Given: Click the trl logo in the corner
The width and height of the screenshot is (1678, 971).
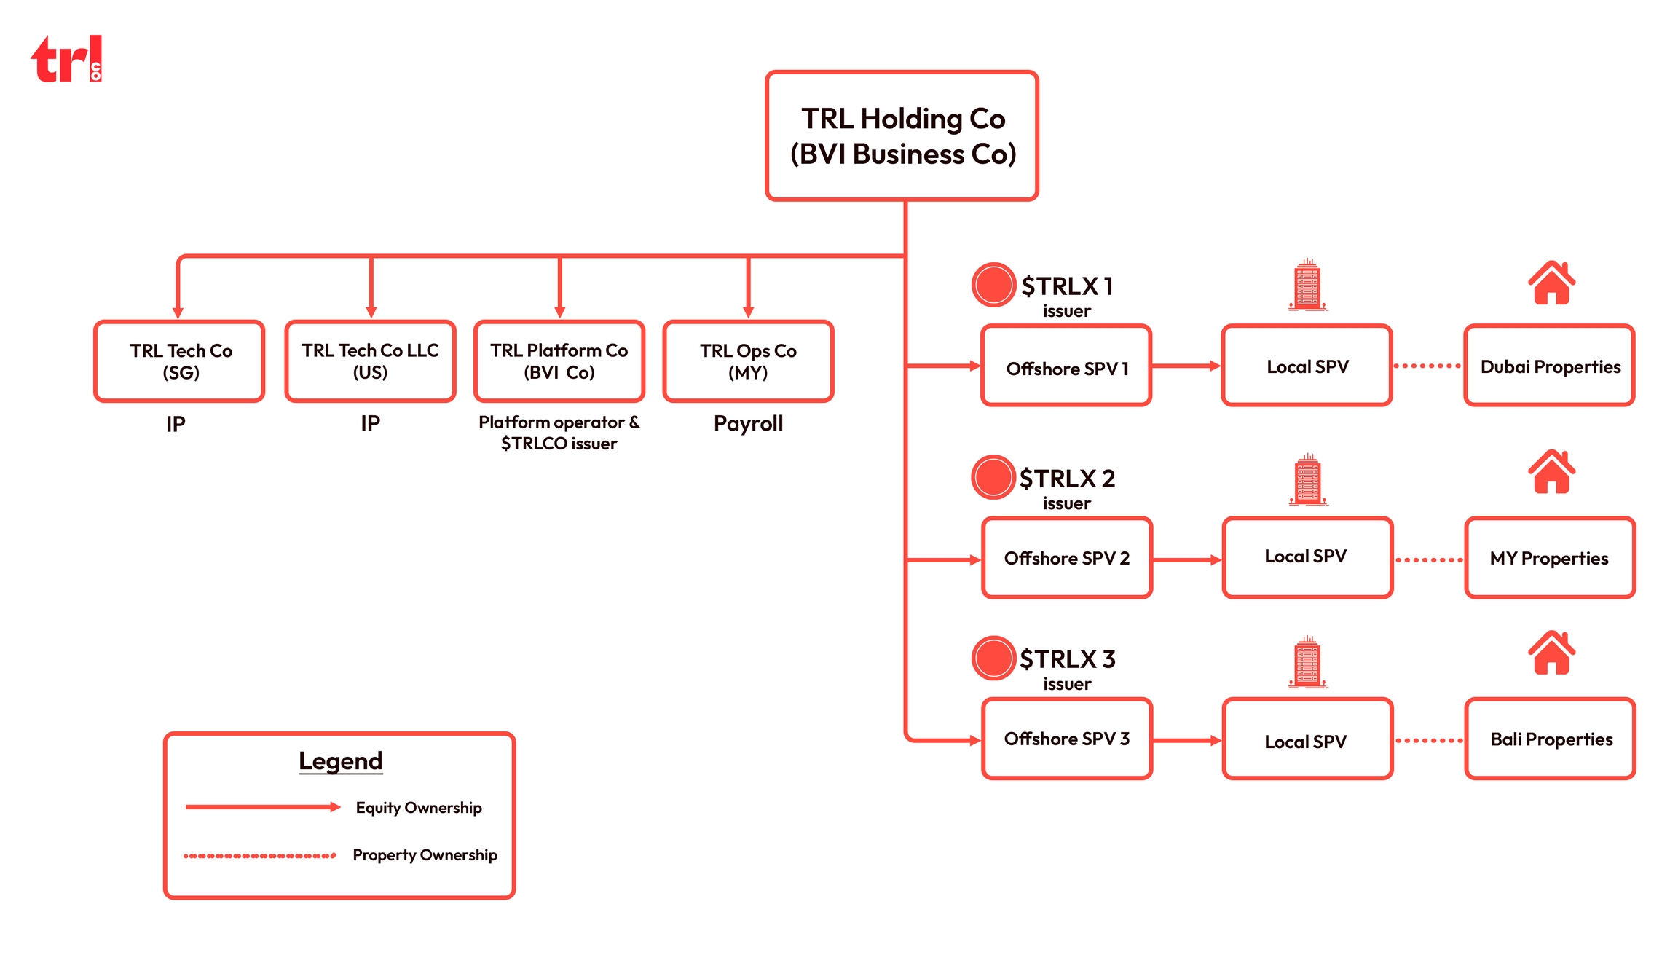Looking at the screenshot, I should click(x=66, y=59).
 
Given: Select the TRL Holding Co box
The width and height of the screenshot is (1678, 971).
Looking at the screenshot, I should click(x=902, y=135).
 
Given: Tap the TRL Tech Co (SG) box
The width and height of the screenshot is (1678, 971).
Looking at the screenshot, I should click(x=179, y=361).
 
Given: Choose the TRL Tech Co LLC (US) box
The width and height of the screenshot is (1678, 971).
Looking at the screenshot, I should click(x=370, y=361).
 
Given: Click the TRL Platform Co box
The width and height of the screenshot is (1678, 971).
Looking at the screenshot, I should click(x=559, y=361).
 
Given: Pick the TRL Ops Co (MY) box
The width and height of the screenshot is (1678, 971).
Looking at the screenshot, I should click(x=748, y=361).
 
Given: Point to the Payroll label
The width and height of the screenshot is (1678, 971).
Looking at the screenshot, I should click(x=748, y=423).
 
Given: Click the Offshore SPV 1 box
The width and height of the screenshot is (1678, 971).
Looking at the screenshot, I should click(x=1066, y=366).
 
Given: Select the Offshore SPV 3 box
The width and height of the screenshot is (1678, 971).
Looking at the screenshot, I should click(x=1067, y=739).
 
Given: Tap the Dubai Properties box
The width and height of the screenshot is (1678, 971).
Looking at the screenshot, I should click(x=1550, y=366).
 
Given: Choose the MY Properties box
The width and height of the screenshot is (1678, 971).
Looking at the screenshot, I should click(x=1550, y=558).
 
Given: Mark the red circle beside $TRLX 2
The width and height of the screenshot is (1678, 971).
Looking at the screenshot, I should click(x=993, y=477).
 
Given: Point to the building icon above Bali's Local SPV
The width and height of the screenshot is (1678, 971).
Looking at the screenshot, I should click(x=1308, y=662).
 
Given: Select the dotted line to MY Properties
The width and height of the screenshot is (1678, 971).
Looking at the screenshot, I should click(x=1429, y=560).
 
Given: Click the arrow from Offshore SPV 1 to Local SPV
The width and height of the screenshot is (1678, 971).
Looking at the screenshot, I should click(x=1186, y=366).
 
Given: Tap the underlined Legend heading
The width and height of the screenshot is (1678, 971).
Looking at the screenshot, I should click(x=340, y=760).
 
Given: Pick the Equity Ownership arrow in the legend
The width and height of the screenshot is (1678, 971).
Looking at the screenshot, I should click(x=262, y=807).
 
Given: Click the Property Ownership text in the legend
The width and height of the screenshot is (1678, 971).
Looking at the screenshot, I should click(x=425, y=854).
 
